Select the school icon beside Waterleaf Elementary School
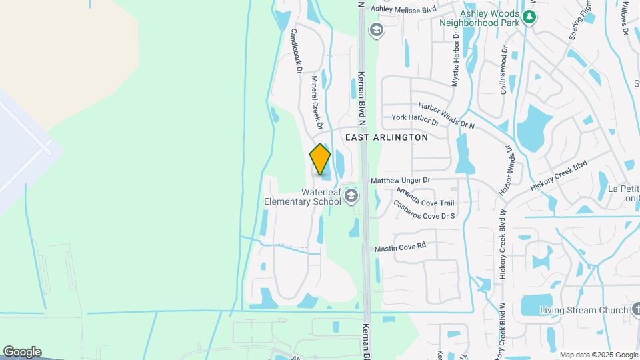click(351, 196)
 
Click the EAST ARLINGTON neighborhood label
click(387, 137)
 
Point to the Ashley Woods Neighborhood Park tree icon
click(529, 16)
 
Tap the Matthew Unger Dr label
click(400, 181)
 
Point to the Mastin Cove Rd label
click(399, 247)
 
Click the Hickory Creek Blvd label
click(559, 175)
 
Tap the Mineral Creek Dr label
click(317, 102)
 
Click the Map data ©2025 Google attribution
click(599, 355)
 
